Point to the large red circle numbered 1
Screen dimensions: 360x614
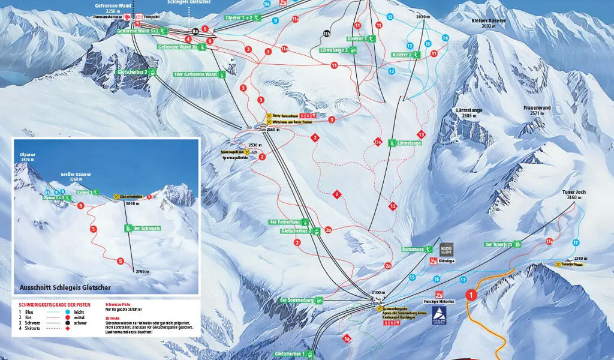pos(472,295)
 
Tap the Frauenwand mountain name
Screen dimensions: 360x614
pos(537,108)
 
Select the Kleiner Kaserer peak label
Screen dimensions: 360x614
pos(489,20)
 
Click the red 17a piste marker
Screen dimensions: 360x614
pos(549,241)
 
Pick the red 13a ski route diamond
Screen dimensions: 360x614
pos(378,142)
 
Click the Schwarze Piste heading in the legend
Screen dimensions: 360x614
pos(117,305)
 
